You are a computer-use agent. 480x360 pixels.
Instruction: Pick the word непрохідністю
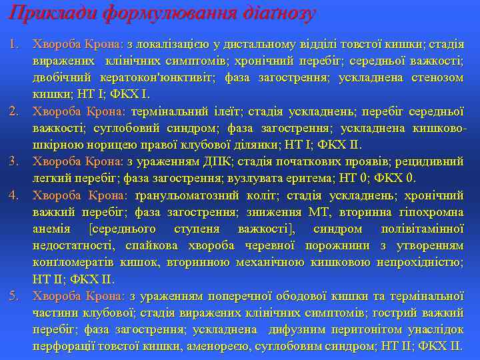[x=420, y=262]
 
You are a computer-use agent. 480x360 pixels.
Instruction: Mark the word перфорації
[x=66, y=346]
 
